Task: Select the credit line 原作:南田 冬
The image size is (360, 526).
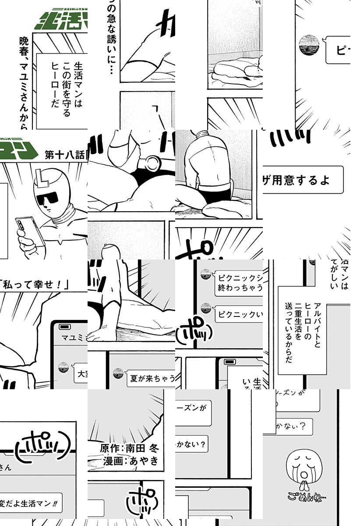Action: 130,448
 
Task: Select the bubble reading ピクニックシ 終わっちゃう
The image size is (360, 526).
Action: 239,283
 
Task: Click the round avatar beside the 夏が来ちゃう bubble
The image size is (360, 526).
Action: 117,373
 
